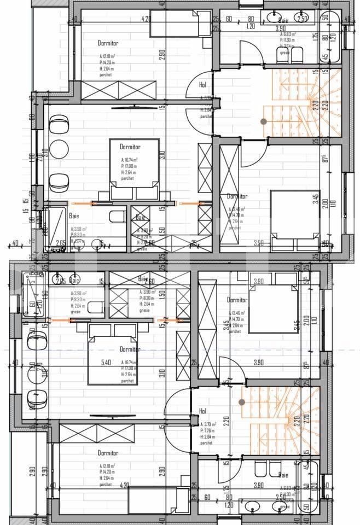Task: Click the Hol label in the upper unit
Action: [202, 85]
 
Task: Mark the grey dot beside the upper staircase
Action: [264, 121]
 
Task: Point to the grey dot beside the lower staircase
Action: [241, 402]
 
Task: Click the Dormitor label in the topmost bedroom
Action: [108, 43]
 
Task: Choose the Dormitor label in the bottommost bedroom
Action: [108, 453]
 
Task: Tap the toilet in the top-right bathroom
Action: [298, 54]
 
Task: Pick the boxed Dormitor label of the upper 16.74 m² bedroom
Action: [130, 147]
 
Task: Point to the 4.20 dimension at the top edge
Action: [146, 19]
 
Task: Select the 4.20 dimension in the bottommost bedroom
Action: [124, 485]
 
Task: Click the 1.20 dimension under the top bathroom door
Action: [251, 26]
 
